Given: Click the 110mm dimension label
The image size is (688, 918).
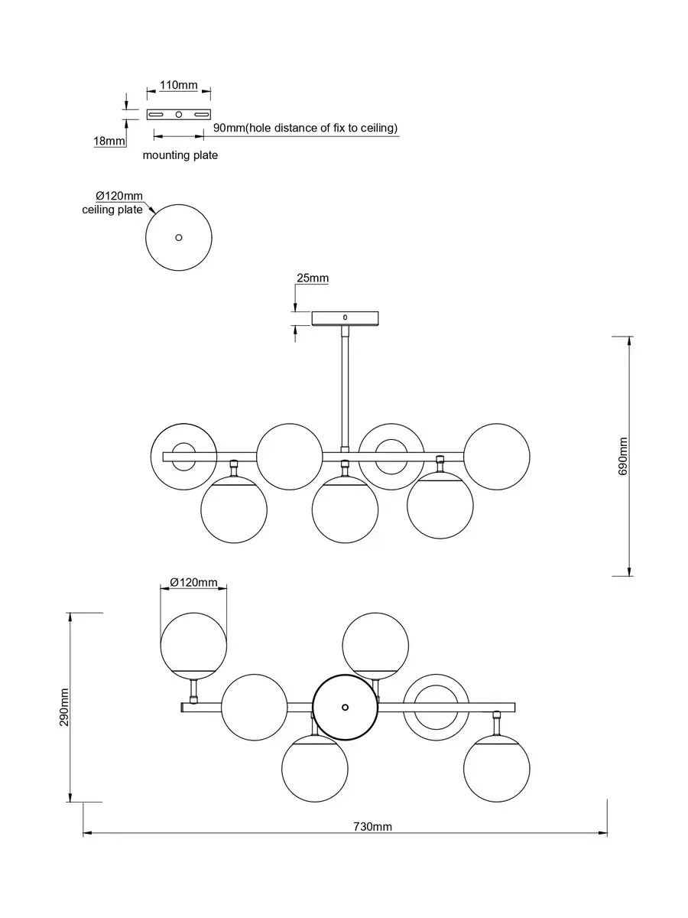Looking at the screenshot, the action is coord(178,85).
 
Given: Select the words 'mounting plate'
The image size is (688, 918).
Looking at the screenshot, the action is coord(180,155).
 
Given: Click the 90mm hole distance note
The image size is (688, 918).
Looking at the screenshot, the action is coord(305,128).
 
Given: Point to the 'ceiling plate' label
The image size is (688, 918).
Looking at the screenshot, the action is coord(112,210).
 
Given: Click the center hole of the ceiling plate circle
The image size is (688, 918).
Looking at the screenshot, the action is coord(179,237).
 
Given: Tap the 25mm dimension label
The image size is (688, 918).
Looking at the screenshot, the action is coord(313,278).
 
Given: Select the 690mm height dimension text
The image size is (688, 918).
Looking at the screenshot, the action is coord(624,457).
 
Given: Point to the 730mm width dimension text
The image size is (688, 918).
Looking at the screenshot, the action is coord(372,826).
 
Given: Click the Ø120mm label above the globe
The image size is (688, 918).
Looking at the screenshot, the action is coord(193,582).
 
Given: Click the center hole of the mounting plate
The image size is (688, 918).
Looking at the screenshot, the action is coord(179,115).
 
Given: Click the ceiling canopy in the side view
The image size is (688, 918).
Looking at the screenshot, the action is coord(345,317).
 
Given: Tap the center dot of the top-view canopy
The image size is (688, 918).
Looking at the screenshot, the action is coord(345,707).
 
